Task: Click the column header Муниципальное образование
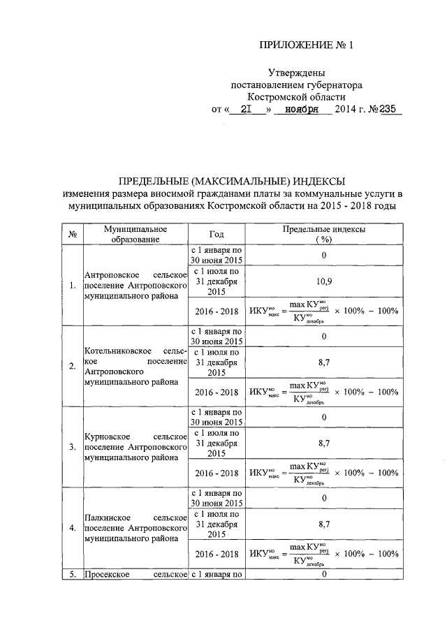tap(134, 234)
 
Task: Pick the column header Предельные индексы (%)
tap(323, 234)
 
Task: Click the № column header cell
tap(72, 234)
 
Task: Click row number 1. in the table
tap(73, 285)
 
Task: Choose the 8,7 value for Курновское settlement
tap(323, 443)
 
